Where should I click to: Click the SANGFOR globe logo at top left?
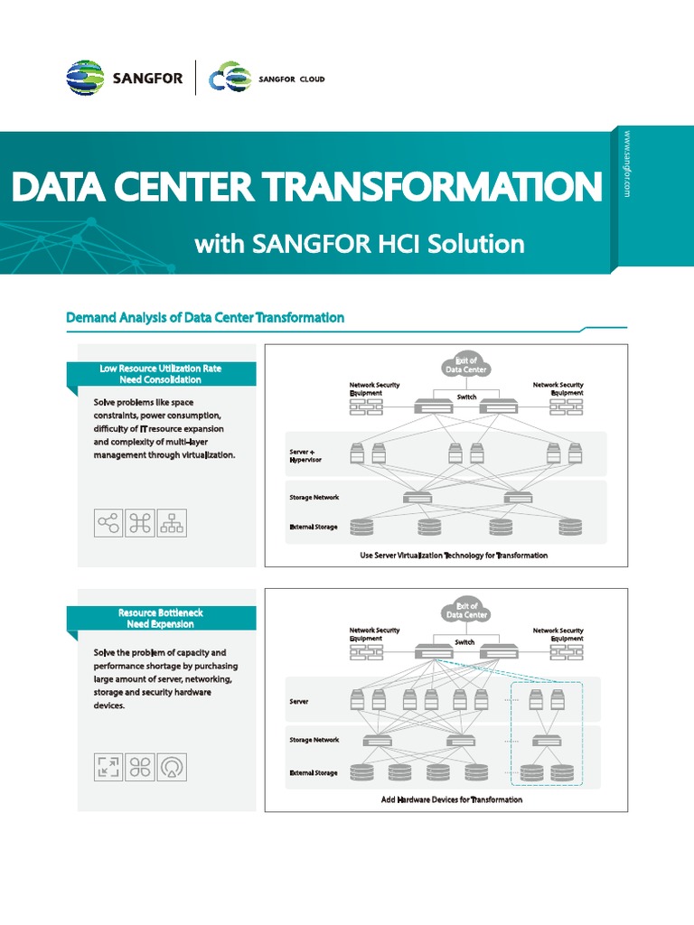click(85, 79)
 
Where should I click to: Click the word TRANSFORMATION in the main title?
click(434, 187)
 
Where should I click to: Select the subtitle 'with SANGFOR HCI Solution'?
click(359, 243)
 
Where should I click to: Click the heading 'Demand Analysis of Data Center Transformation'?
click(205, 317)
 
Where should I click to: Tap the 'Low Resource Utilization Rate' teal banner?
click(162, 374)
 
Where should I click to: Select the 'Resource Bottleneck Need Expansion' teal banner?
click(161, 619)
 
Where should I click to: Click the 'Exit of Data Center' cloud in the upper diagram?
click(466, 365)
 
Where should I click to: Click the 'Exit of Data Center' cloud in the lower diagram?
click(466, 611)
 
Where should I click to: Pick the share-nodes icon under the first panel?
click(108, 523)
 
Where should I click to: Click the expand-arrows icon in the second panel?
click(108, 767)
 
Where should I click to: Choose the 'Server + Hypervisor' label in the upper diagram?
click(305, 455)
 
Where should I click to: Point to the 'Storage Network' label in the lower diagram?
click(314, 740)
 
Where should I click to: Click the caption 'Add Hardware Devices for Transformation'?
click(452, 799)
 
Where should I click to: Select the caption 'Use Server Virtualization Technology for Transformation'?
click(454, 555)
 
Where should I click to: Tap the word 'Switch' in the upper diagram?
click(466, 397)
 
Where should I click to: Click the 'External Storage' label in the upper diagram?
click(313, 527)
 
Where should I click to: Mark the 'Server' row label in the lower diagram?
click(299, 700)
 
